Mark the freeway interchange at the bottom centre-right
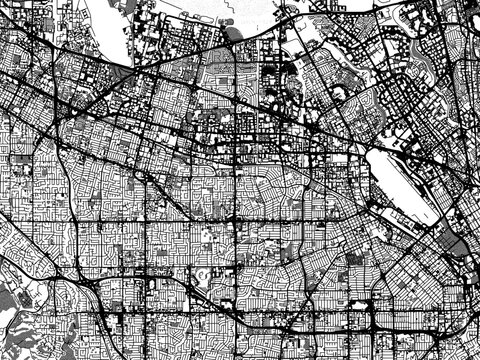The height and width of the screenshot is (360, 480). coord(375,325)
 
